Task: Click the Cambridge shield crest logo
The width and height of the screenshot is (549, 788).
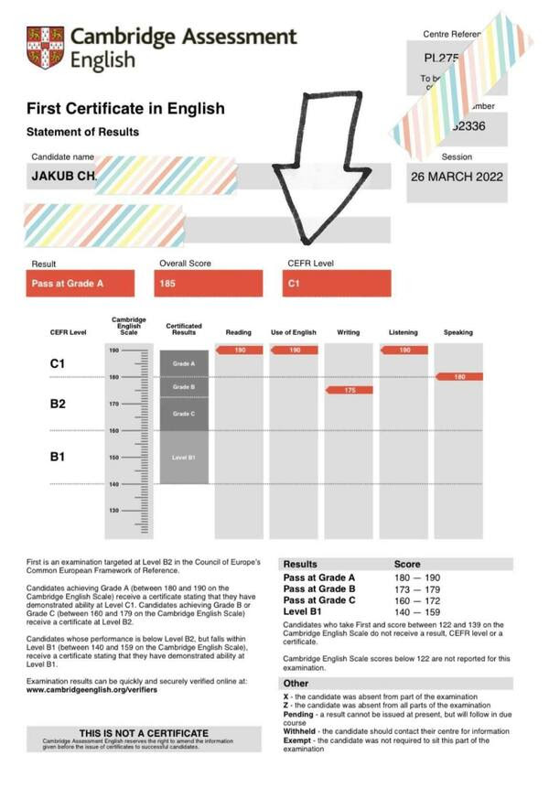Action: (46, 48)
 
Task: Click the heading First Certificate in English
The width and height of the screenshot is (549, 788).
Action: (125, 109)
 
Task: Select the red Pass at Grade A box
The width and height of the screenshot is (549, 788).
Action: (81, 284)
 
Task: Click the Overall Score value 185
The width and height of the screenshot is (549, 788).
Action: (209, 284)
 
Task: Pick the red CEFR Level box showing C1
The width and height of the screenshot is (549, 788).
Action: (337, 284)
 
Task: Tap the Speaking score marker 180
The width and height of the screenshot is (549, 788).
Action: (459, 376)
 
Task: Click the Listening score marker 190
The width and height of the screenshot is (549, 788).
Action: (404, 351)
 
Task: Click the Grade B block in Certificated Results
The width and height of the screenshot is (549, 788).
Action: (184, 387)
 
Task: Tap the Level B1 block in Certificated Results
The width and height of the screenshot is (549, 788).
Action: (184, 457)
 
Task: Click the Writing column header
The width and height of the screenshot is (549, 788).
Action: (348, 332)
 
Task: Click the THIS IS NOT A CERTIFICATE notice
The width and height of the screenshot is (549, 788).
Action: (144, 733)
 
